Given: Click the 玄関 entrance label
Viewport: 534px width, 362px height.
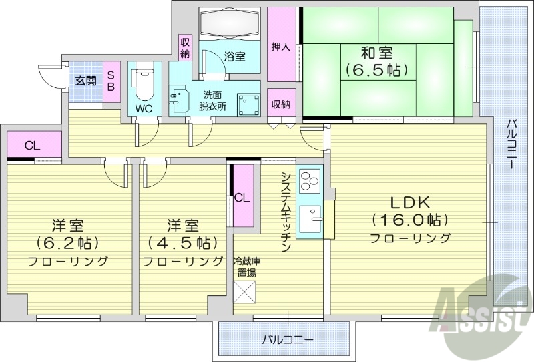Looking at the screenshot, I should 85,81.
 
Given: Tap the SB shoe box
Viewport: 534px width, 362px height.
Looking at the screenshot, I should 111,81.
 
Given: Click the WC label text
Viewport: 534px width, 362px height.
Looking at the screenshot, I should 144,108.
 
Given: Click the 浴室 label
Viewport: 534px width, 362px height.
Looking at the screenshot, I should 234,57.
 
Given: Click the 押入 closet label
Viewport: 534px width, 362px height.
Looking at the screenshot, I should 280,47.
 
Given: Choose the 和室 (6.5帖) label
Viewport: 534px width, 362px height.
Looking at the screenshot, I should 377,60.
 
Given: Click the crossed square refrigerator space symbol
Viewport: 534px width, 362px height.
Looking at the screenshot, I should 244,292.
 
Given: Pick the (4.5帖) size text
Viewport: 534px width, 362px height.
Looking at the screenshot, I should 182,242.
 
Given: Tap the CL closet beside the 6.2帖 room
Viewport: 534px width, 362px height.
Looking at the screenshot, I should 31,145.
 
